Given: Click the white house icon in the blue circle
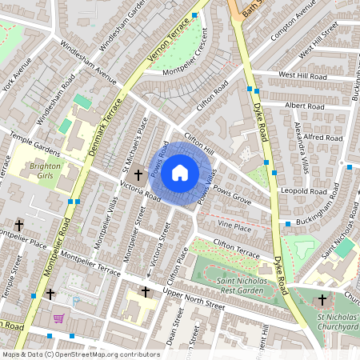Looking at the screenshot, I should [x=180, y=172].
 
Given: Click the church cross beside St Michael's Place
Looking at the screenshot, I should [x=138, y=174].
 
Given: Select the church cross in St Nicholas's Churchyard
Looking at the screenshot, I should [x=322, y=300].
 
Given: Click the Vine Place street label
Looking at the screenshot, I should [x=234, y=228].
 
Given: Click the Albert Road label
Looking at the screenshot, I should [x=304, y=105].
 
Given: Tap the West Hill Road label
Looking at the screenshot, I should [x=303, y=74].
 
